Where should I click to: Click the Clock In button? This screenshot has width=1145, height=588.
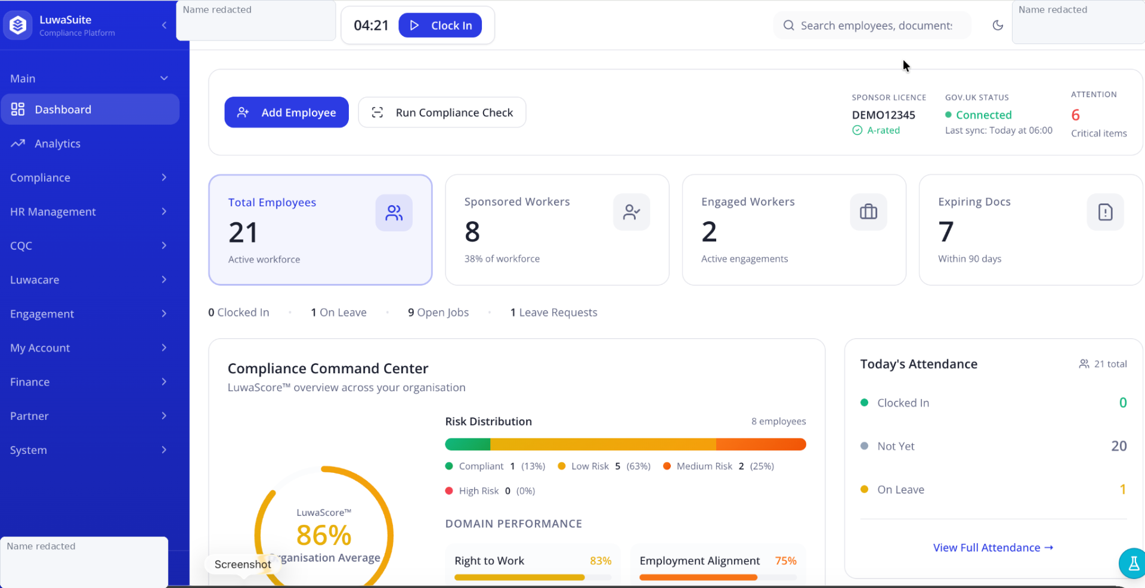440,25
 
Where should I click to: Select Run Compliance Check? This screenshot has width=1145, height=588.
442,112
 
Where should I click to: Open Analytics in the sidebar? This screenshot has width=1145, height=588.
57,144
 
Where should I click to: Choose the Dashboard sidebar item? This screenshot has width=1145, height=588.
90,109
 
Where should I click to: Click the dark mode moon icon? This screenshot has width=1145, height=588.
998,25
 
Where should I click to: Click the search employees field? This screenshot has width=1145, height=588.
872,26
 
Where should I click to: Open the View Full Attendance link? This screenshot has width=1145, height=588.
994,547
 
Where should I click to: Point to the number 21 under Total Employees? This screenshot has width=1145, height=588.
243,233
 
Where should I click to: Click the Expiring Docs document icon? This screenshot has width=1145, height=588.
1105,212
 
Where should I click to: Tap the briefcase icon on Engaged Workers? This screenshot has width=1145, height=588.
868,212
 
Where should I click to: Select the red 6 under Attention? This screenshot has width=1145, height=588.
1075,114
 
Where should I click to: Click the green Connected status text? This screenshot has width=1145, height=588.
984,114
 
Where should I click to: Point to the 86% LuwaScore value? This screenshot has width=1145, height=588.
324,535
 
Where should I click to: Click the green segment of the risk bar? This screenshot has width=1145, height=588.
468,444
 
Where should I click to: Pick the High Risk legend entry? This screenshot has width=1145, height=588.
490,491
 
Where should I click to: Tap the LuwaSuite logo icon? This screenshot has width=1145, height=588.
18,25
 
